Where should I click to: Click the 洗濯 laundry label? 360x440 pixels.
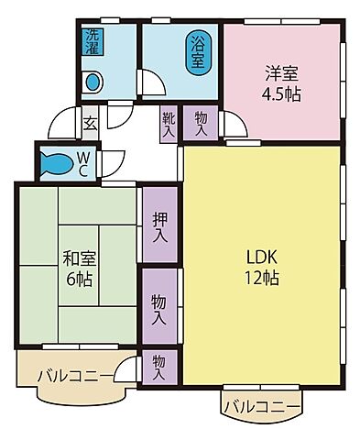click(x=93, y=43)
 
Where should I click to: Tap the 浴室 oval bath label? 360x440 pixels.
click(x=196, y=53)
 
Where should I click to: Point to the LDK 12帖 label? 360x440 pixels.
click(x=260, y=266)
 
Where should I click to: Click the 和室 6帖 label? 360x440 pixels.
click(x=77, y=267)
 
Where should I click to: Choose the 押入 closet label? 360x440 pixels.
click(x=160, y=226)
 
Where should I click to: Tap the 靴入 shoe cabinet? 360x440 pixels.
click(x=168, y=123)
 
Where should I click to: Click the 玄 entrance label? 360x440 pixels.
click(x=90, y=120)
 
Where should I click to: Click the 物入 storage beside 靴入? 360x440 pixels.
click(x=201, y=123)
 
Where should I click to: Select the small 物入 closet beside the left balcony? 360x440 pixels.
click(x=158, y=368)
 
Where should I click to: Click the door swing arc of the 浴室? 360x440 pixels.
click(x=155, y=82)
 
